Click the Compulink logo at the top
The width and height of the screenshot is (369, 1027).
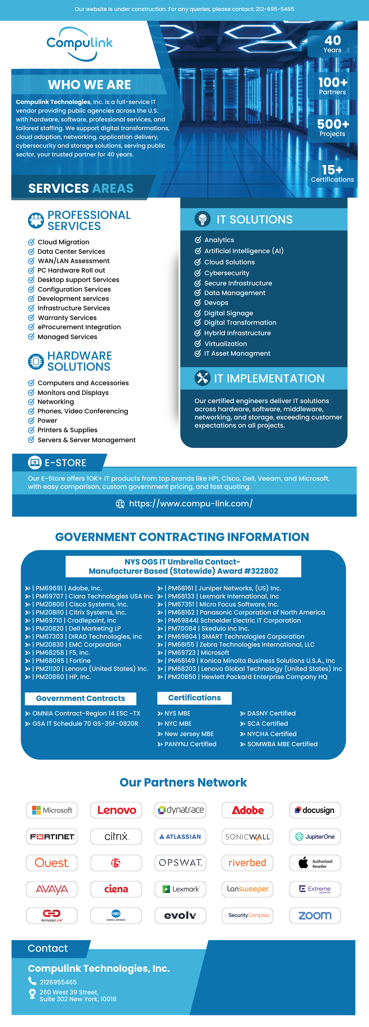[80, 44]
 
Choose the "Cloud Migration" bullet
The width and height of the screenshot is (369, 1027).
[63, 242]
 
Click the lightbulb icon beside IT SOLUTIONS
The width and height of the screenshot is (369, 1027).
[202, 219]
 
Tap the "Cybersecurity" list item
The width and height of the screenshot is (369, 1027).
[227, 273]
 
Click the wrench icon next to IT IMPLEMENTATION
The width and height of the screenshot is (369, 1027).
[202, 378]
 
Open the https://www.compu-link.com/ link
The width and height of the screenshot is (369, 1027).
[191, 504]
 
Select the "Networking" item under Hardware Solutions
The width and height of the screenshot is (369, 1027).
[56, 402]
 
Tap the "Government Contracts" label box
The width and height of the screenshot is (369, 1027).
[80, 699]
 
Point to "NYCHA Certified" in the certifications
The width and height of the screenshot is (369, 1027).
[272, 734]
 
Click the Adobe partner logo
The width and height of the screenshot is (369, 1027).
[248, 810]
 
